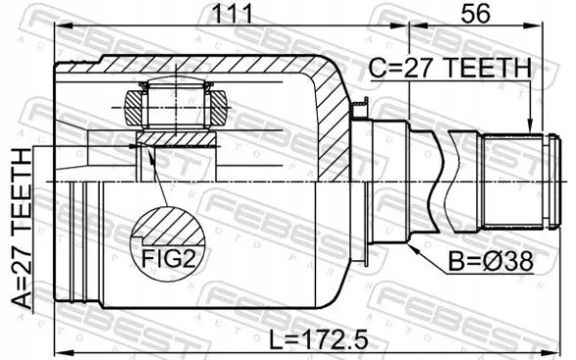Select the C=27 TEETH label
pos(449,68)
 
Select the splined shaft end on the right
pos(522,181)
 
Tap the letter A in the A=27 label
pos(22,294)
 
